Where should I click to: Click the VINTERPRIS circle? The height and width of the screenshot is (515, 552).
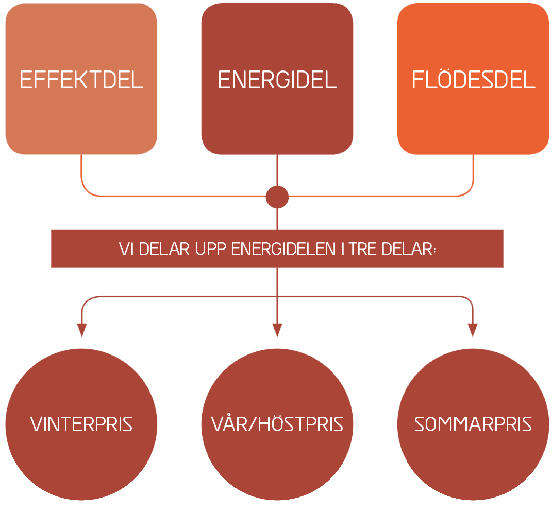81,424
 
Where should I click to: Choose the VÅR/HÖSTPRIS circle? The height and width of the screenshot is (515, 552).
277,424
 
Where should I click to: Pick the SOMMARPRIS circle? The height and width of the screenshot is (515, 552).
473,424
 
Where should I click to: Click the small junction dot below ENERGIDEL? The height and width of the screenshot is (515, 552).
277,197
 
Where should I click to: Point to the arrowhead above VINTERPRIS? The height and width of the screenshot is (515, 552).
81,330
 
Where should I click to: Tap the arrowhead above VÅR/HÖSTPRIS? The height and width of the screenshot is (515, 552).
277,330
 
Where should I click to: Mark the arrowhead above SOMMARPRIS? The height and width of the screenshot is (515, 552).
473,330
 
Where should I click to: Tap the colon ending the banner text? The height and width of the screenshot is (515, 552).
435,250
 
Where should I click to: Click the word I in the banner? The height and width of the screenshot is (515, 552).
342,249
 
